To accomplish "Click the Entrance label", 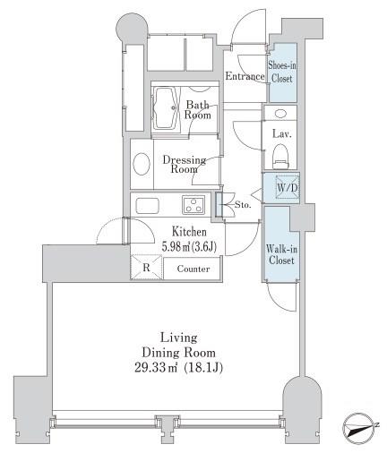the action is point(245,76).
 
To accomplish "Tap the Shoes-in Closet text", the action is point(281,72).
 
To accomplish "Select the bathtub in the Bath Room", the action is point(166,108).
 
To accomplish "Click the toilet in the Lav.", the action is point(280,156).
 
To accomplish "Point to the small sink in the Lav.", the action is point(280,113).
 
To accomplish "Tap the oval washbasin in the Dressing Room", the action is point(142,164).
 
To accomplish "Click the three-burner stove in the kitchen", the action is point(193,205).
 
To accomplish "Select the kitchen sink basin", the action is point(147,206).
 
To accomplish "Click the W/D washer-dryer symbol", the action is point(287,187).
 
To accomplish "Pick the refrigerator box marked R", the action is point(146,267).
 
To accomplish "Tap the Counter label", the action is point(193,269).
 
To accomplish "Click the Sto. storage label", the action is point(243,205).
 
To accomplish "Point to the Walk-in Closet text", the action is point(281,254).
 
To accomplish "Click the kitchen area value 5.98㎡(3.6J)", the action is point(189,246).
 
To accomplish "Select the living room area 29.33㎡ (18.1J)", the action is point(178,368).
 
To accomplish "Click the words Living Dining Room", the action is point(178,346).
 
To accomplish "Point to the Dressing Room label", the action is point(185,165).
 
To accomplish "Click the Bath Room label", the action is point(197,110).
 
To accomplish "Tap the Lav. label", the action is point(281,134).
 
